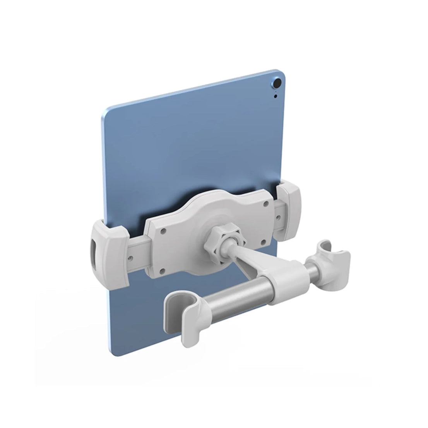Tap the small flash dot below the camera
click(x=276, y=97)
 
